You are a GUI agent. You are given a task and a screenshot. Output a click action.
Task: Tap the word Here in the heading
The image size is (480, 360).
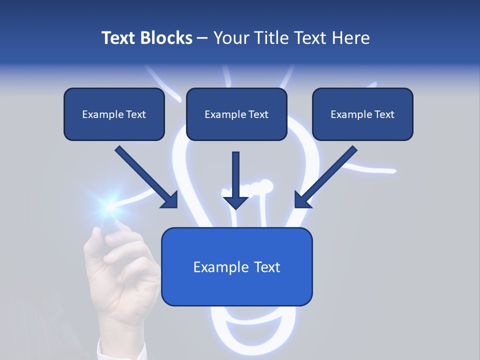(x=349, y=38)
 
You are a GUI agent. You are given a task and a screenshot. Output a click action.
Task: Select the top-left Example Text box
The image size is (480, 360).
(x=114, y=114)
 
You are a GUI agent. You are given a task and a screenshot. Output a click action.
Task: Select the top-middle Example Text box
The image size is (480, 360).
(x=236, y=114)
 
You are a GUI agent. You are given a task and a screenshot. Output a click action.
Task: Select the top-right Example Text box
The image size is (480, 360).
(x=362, y=114)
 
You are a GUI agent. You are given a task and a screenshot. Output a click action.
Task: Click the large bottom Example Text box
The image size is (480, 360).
(x=236, y=266)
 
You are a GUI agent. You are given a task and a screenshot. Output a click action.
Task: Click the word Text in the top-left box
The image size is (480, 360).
(x=135, y=114)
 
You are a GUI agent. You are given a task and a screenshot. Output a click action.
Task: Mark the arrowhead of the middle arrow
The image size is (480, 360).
(x=235, y=201)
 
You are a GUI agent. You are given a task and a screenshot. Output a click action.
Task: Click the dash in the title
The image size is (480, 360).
(x=202, y=38)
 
